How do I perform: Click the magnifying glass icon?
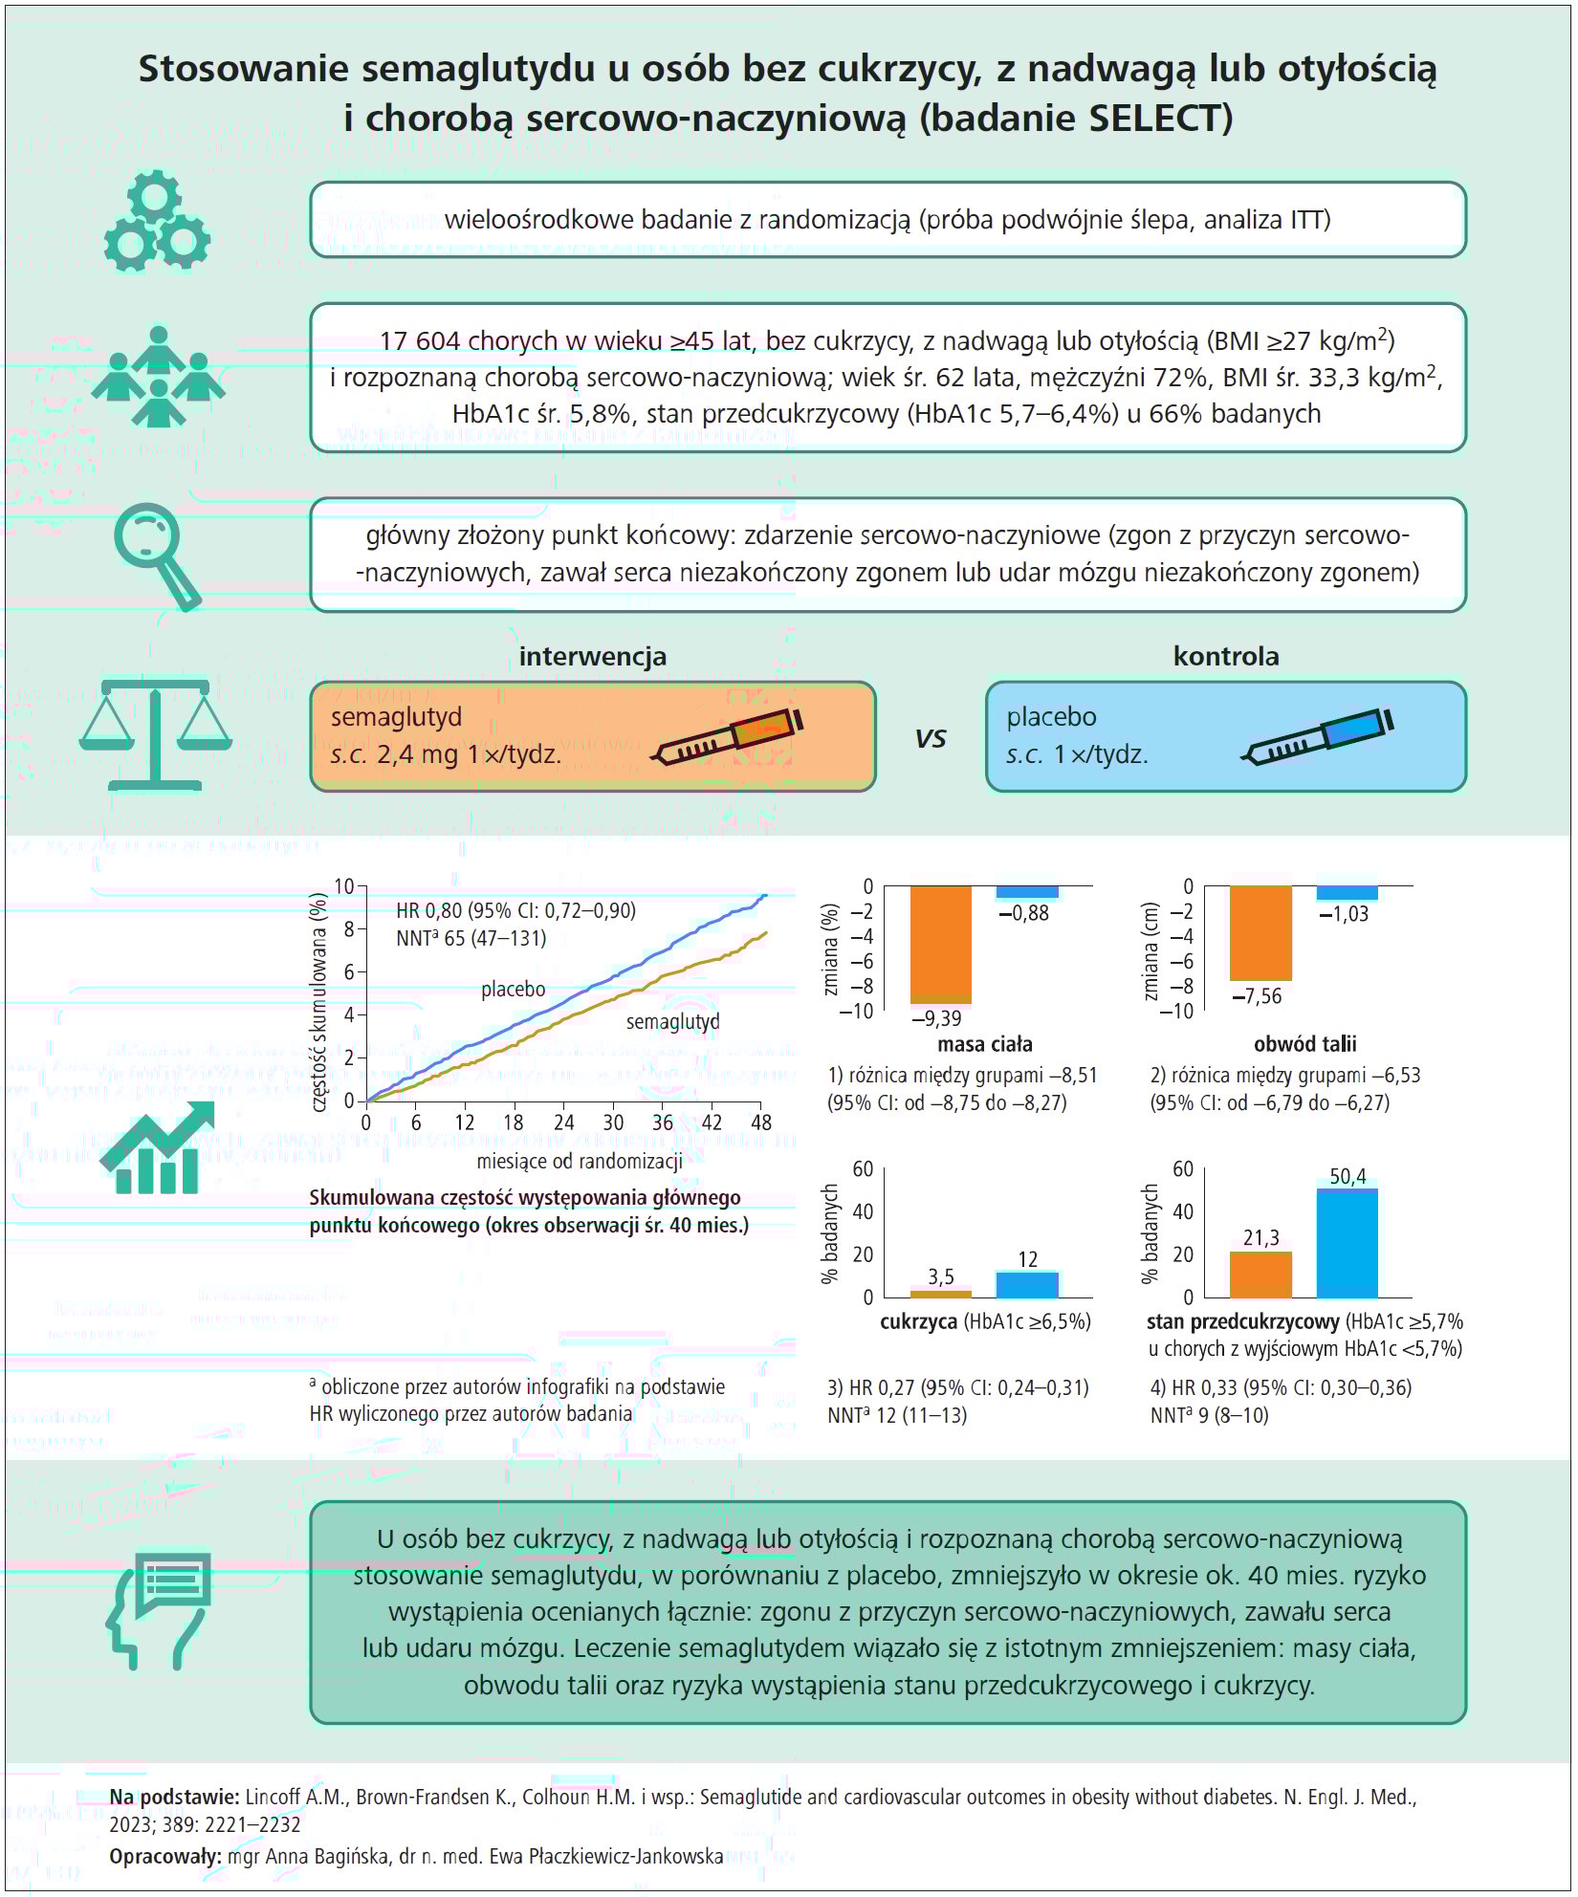156,556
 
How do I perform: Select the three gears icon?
156,222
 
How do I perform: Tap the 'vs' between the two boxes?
931,738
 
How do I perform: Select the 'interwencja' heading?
592,657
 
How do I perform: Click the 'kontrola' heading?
1225,657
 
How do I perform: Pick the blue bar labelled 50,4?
1347,1243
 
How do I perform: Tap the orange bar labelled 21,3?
1260,1275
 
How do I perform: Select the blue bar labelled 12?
1027,1284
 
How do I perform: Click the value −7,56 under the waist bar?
1257,996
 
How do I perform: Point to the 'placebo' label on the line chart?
514,989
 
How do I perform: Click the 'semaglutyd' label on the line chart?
672,1021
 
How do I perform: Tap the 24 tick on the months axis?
563,1123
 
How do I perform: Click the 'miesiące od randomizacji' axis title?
580,1162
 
